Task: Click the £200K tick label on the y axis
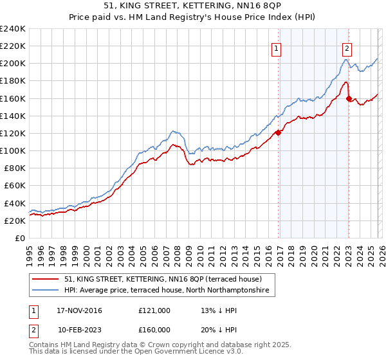[13, 64]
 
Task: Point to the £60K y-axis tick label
[15, 186]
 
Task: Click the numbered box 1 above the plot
[276, 48]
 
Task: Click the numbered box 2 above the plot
[347, 48]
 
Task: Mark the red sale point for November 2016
[279, 132]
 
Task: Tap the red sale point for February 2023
[349, 98]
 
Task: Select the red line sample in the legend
[46, 280]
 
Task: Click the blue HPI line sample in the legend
[46, 291]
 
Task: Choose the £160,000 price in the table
[154, 330]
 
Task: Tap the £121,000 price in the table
[154, 310]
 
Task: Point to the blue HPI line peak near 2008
[172, 131]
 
